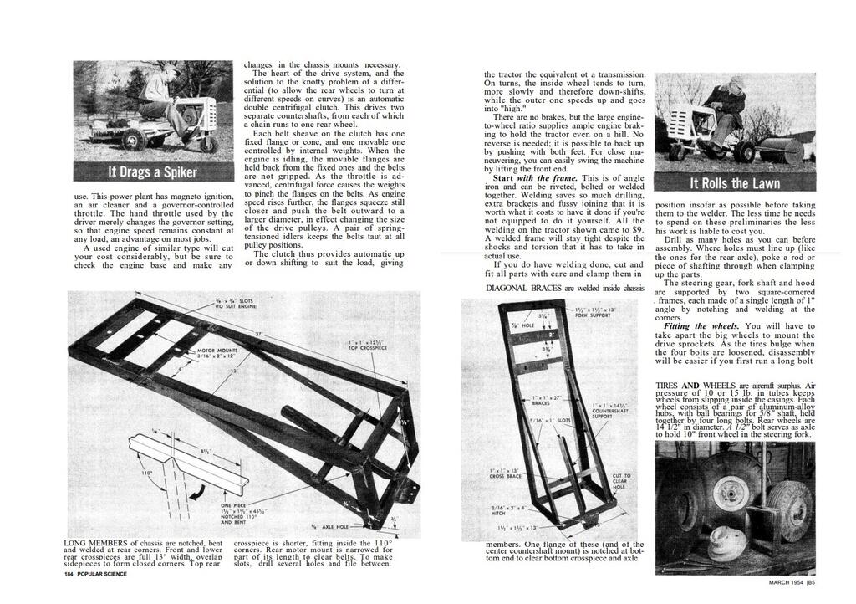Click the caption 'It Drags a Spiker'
point(152,172)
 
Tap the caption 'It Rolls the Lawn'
point(735,183)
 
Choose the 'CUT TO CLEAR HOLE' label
point(622,485)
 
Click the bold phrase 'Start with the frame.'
point(534,178)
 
